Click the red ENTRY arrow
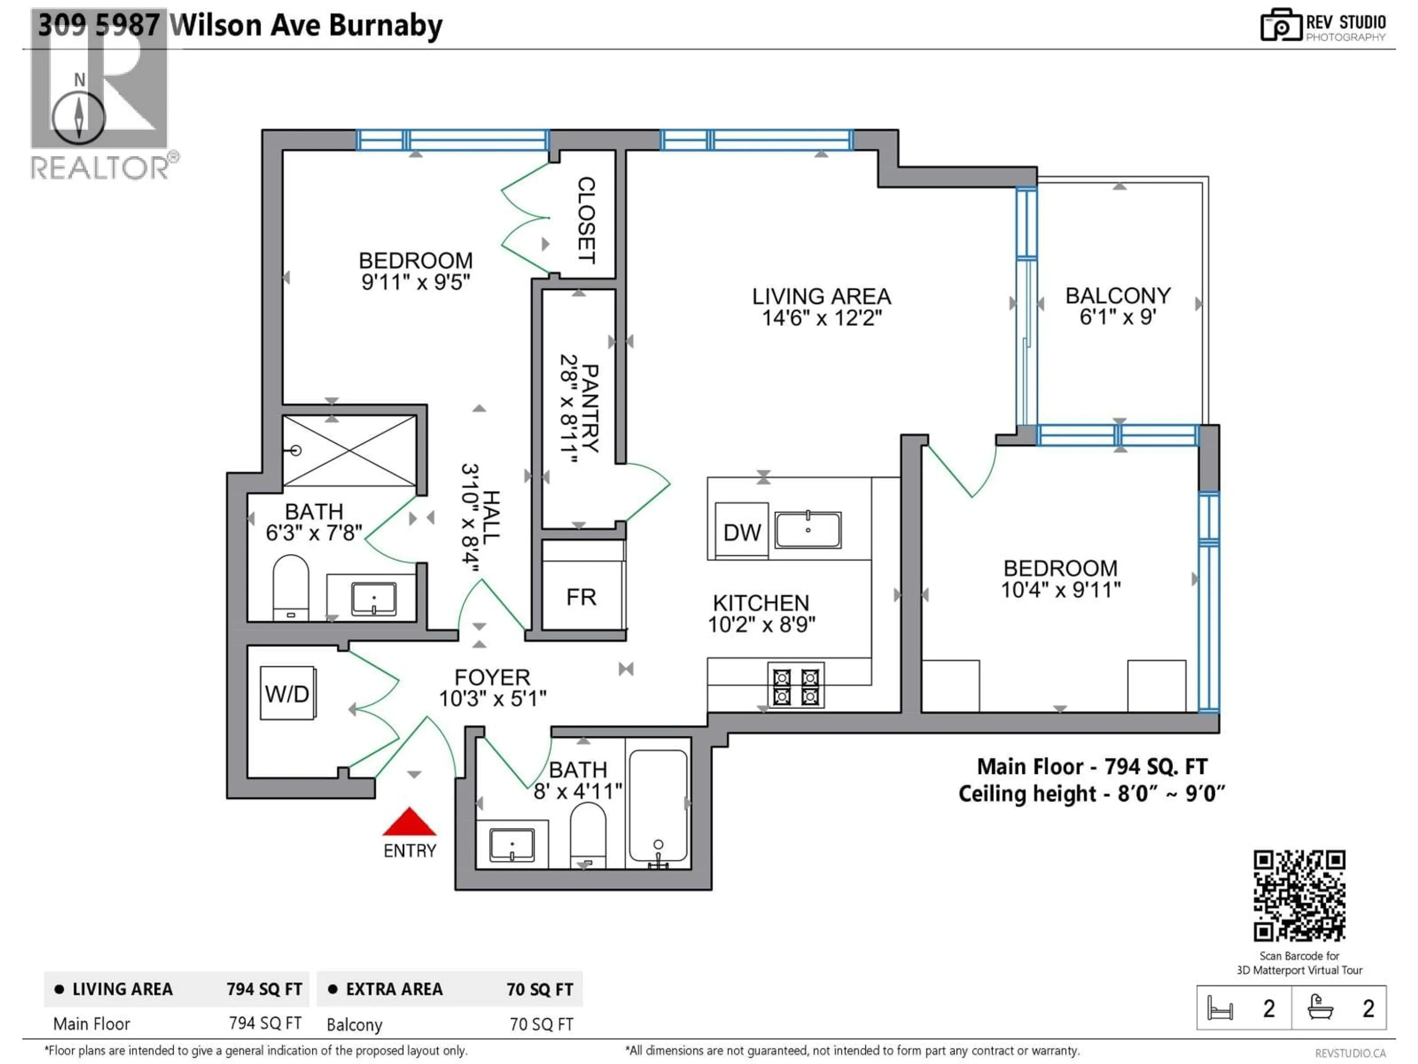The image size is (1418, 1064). pyautogui.click(x=409, y=822)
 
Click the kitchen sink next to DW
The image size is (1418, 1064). pyautogui.click(x=808, y=530)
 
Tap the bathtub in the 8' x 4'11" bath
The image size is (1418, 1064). pyautogui.click(x=658, y=805)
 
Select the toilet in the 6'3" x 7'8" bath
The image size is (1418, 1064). pyautogui.click(x=290, y=587)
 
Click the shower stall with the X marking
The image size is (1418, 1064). pyautogui.click(x=350, y=450)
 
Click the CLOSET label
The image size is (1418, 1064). pyautogui.click(x=586, y=220)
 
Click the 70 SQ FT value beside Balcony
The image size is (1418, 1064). pyautogui.click(x=541, y=1024)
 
